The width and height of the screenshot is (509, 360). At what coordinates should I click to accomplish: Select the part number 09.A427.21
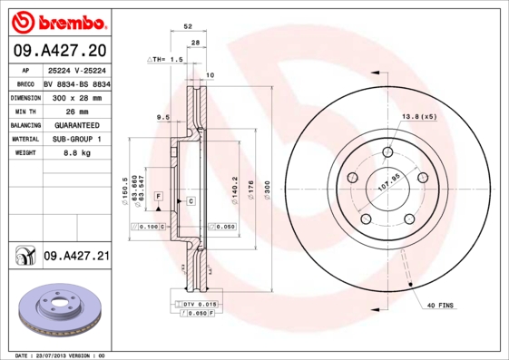pyautogui.click(x=76, y=257)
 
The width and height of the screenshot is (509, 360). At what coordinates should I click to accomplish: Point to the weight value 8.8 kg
pyautogui.click(x=64, y=153)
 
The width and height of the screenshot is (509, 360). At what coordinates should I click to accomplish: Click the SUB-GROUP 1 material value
pyautogui.click(x=73, y=139)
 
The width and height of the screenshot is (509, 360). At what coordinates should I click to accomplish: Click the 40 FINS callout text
pyautogui.click(x=441, y=306)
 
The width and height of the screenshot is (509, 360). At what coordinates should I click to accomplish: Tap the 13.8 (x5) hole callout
pyautogui.click(x=419, y=117)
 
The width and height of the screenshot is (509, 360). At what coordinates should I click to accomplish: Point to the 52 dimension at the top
pyautogui.click(x=188, y=28)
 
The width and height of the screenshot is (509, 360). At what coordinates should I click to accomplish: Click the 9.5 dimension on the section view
pyautogui.click(x=163, y=117)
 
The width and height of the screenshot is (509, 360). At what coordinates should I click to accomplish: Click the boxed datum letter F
pyautogui.click(x=158, y=196)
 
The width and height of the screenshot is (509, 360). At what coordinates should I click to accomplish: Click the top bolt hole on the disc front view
pyautogui.click(x=387, y=151)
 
